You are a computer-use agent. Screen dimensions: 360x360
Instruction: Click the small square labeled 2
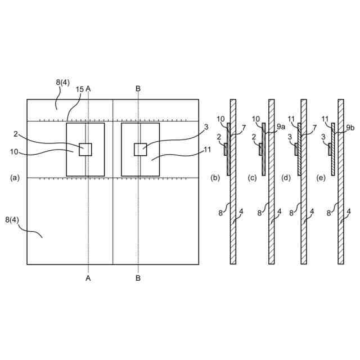pos(85,149)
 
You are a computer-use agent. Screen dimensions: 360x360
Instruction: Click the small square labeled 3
pos(140,149)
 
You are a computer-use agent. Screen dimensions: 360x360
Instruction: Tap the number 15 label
pos(80,89)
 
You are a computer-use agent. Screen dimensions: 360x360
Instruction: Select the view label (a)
pos(15,178)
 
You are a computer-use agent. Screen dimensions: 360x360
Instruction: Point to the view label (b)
pos(215,178)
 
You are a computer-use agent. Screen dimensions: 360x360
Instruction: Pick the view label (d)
pos(287,178)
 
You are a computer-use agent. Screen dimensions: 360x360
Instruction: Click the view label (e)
pos(321,178)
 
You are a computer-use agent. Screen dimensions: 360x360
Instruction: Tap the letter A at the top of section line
pos(88,89)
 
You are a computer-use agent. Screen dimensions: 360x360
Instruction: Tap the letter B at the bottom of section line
pos(138,278)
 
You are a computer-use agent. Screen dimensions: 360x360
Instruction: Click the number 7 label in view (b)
pos(244,129)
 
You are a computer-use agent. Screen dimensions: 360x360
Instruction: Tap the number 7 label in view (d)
pos(314,129)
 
